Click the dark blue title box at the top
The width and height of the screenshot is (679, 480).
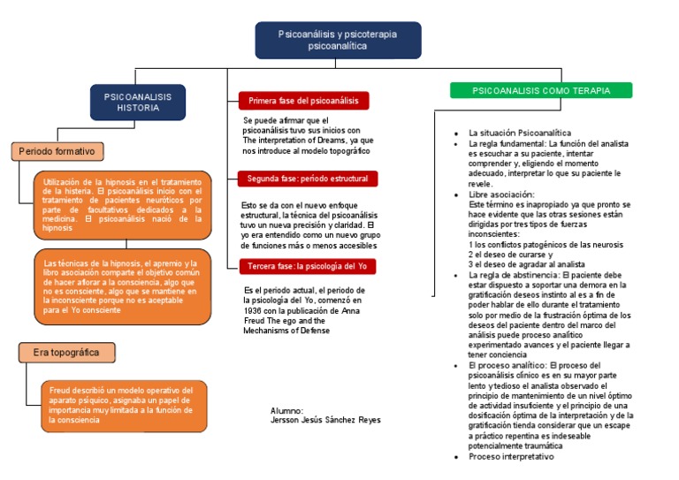coord(338,40)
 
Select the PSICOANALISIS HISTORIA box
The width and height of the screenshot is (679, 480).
coord(138,102)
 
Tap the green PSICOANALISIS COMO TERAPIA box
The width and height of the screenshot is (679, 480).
coord(541,91)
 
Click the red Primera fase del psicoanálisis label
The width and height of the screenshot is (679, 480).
coord(303,101)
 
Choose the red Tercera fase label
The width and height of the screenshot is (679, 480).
coord(306,266)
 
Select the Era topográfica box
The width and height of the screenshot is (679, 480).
coord(67,353)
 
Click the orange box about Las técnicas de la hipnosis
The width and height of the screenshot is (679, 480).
coord(124,286)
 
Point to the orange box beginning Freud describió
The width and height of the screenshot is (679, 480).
coord(124,405)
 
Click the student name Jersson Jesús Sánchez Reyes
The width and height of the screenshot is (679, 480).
coord(325,420)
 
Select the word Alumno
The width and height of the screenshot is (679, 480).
coord(286,411)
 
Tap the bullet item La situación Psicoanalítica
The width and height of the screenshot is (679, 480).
coord(520,133)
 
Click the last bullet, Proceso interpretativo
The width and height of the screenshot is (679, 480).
coord(511,457)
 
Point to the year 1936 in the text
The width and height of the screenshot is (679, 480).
coord(254,310)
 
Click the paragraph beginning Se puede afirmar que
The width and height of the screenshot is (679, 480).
coord(307,135)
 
